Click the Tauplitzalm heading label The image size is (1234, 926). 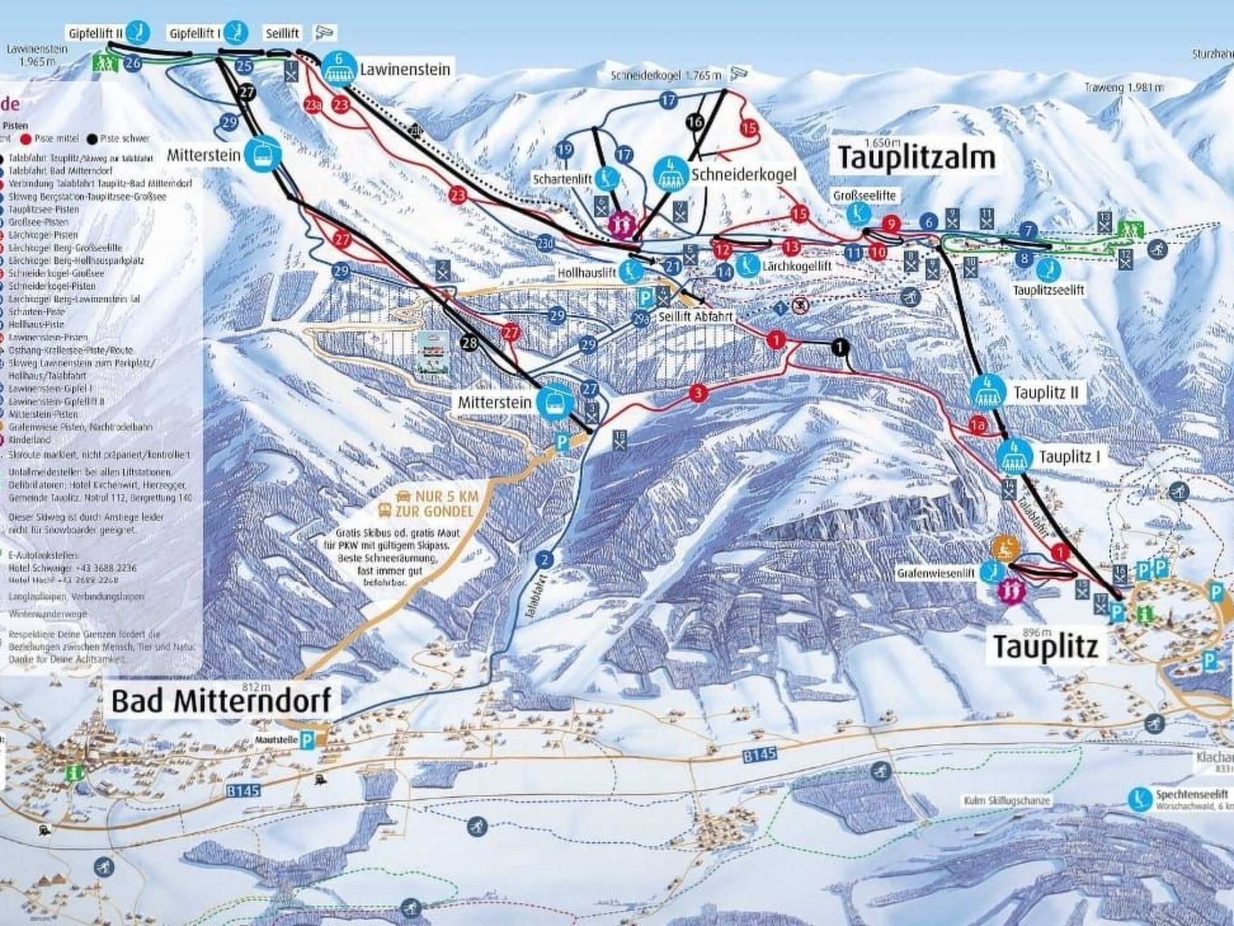coord(916,159)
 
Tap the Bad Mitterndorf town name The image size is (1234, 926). coord(221,701)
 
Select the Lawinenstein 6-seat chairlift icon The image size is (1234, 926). coord(338,68)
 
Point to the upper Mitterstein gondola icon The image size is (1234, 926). coord(263,156)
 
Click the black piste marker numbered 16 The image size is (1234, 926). coord(695,122)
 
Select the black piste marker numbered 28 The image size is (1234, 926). coord(470,343)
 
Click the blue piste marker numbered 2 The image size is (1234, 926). coord(544,561)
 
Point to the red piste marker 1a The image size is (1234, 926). coord(978,426)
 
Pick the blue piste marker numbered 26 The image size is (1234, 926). coord(134,63)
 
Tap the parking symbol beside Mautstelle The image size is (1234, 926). coord(308,741)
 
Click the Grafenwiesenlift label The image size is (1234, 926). coord(935,574)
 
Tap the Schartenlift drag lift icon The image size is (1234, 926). coord(604,178)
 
